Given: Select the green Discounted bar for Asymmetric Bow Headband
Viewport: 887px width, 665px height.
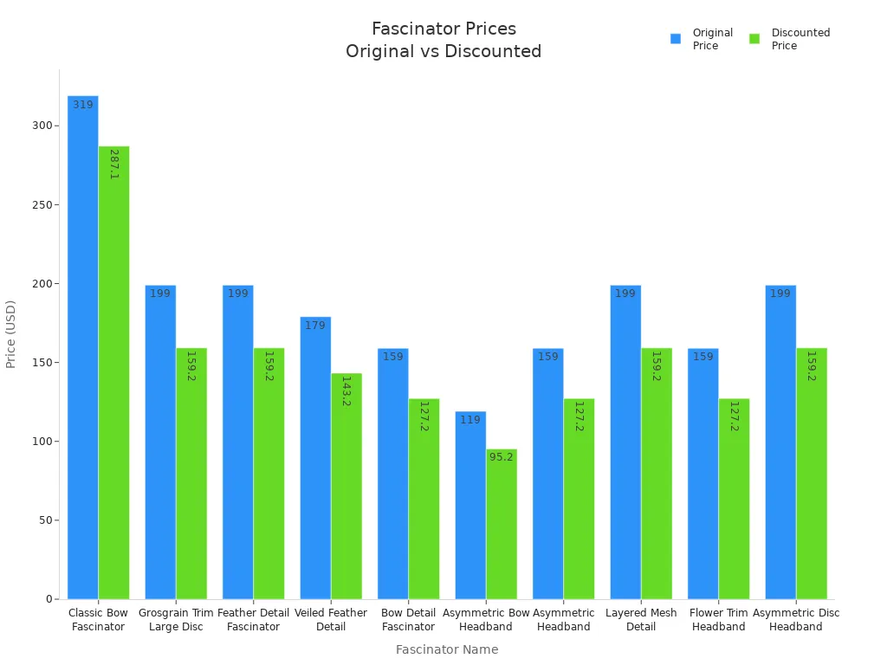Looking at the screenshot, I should tap(502, 528).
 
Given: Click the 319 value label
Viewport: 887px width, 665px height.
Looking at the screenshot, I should tap(83, 105).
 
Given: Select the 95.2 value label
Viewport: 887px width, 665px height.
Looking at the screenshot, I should tap(502, 457).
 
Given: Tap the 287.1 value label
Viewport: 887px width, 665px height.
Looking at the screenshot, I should tap(114, 164).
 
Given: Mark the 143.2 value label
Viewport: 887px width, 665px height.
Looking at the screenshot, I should tap(346, 391).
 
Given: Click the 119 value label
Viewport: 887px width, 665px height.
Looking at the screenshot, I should tap(470, 420).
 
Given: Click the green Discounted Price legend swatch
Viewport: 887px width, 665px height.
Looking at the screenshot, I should tap(754, 39).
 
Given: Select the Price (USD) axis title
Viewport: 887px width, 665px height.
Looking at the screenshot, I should tap(11, 334).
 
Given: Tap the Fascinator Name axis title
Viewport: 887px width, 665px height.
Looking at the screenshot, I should tap(447, 649).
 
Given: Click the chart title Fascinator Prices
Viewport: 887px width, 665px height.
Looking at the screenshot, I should tap(443, 29).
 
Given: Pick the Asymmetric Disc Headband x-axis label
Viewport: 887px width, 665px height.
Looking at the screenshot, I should tap(796, 620).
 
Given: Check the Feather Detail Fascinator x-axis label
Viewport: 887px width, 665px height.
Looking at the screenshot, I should tap(253, 620).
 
